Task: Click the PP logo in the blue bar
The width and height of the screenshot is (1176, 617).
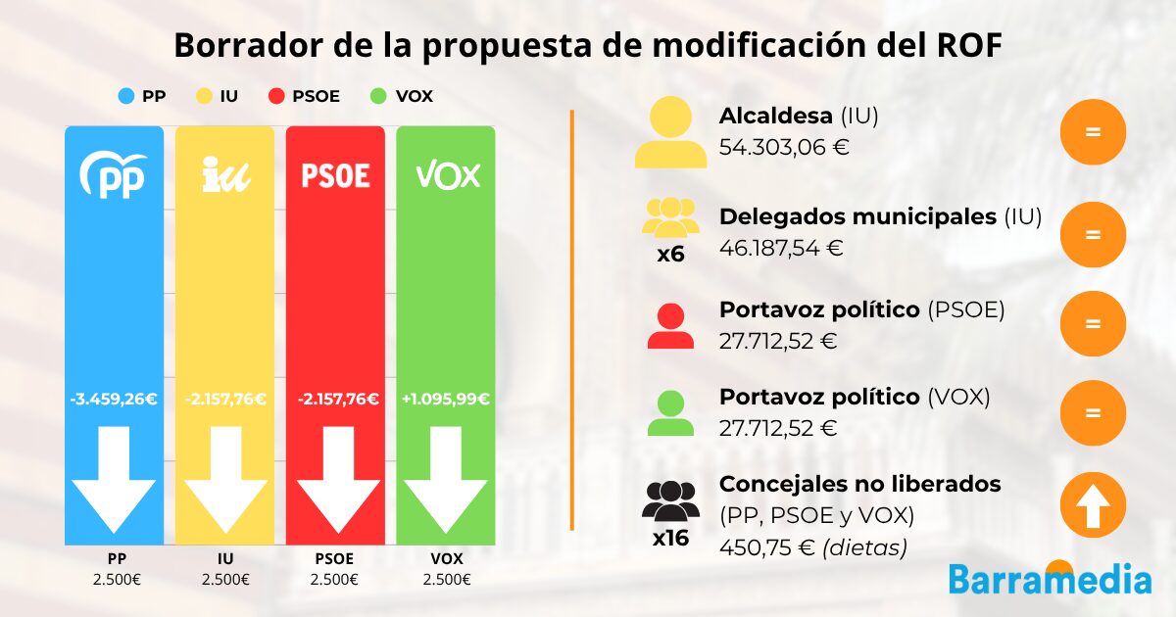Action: tap(114, 173)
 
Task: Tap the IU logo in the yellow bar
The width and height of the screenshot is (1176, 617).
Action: tap(224, 174)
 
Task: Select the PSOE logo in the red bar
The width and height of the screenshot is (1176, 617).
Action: tap(335, 175)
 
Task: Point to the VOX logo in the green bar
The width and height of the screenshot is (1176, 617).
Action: tap(448, 175)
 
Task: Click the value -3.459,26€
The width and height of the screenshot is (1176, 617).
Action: tap(114, 399)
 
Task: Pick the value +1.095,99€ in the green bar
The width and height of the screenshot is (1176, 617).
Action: tap(446, 399)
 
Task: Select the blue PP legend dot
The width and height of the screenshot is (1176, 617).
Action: tap(126, 96)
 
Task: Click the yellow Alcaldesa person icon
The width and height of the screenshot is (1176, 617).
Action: tap(670, 135)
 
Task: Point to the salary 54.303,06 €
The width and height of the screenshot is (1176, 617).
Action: tap(784, 148)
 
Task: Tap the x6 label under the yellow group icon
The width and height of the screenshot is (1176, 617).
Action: tap(670, 255)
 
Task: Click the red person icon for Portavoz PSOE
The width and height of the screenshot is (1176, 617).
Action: tap(670, 326)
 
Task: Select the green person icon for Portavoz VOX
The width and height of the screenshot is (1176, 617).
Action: tap(670, 413)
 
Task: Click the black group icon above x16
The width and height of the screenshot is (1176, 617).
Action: tap(670, 499)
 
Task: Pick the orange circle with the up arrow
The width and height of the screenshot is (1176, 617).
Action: tap(1093, 506)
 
